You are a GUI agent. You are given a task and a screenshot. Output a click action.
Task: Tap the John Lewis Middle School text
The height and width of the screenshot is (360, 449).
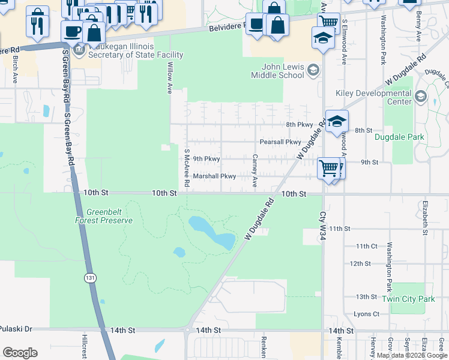[x=282, y=71]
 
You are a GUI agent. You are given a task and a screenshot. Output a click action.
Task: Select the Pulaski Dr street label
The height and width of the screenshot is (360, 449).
[x=16, y=330]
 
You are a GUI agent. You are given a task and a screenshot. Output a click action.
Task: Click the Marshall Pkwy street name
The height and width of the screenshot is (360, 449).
[x=214, y=176]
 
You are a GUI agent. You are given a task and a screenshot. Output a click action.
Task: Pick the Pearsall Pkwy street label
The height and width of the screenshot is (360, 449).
[x=280, y=142]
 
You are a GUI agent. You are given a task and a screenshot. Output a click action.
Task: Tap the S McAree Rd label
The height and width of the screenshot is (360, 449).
[x=187, y=169]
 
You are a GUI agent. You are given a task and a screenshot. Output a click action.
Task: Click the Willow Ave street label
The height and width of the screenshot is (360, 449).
[x=170, y=77]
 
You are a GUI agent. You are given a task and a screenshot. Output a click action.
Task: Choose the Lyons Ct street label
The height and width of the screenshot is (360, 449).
[x=366, y=314]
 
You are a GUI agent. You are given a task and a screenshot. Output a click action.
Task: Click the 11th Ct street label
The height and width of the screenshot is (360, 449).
[x=366, y=246]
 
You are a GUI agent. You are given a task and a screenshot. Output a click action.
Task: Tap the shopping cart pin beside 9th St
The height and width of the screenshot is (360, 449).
[x=329, y=168]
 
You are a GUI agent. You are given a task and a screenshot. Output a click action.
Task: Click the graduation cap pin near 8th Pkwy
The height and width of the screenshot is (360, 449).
[x=336, y=121]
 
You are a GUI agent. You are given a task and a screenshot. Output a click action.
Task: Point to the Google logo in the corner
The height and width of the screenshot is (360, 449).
[x=20, y=353]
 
